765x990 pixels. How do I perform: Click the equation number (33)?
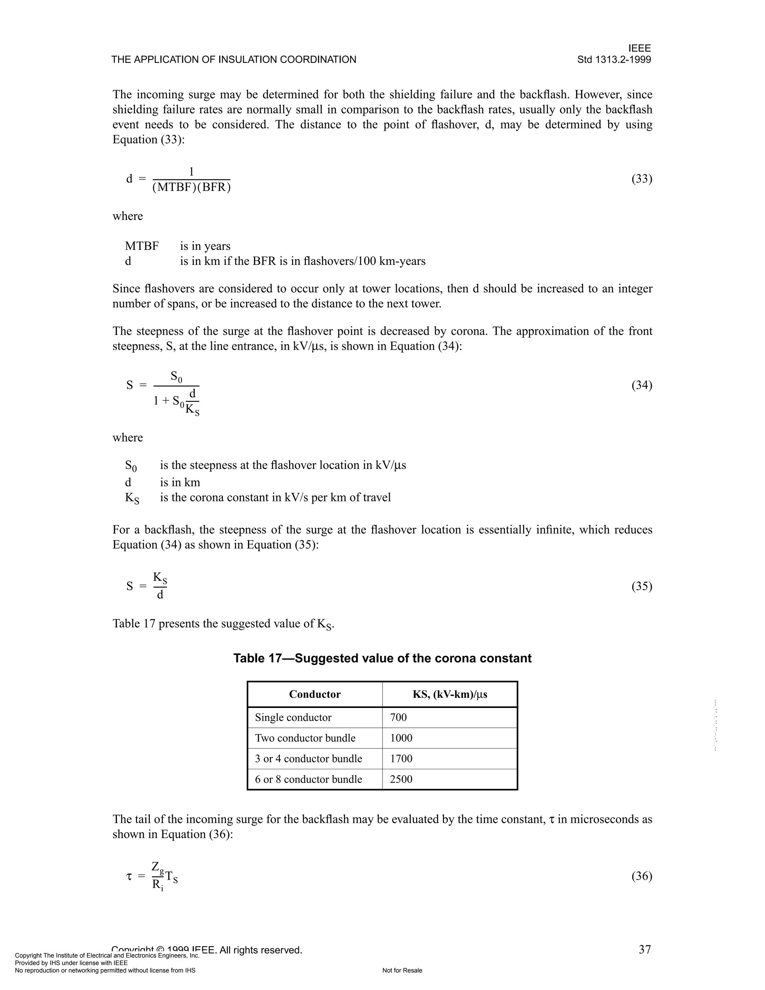click(x=642, y=179)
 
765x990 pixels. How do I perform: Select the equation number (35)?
click(x=642, y=587)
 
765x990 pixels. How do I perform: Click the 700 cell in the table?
click(x=398, y=718)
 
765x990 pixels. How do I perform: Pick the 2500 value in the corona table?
click(x=401, y=780)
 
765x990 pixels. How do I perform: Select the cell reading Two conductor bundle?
click(x=305, y=738)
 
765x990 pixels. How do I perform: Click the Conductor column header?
click(x=315, y=694)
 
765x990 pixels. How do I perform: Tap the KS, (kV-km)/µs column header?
click(x=450, y=694)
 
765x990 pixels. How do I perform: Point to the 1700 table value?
click(x=401, y=759)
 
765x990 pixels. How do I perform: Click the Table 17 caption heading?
click(x=382, y=658)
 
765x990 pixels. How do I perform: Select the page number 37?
click(x=644, y=950)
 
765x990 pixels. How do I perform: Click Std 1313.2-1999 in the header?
click(x=614, y=60)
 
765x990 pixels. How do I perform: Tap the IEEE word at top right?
click(x=639, y=48)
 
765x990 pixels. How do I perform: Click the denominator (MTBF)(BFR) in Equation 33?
click(x=191, y=187)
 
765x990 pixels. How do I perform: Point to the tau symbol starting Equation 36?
click(x=129, y=877)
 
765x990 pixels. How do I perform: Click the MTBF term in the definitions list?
click(x=142, y=246)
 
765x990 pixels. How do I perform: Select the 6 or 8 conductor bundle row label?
click(x=308, y=780)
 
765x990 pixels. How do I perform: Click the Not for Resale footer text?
click(x=402, y=971)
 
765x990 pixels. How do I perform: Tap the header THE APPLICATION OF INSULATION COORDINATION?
click(x=234, y=60)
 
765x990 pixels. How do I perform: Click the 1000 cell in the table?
click(x=401, y=738)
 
